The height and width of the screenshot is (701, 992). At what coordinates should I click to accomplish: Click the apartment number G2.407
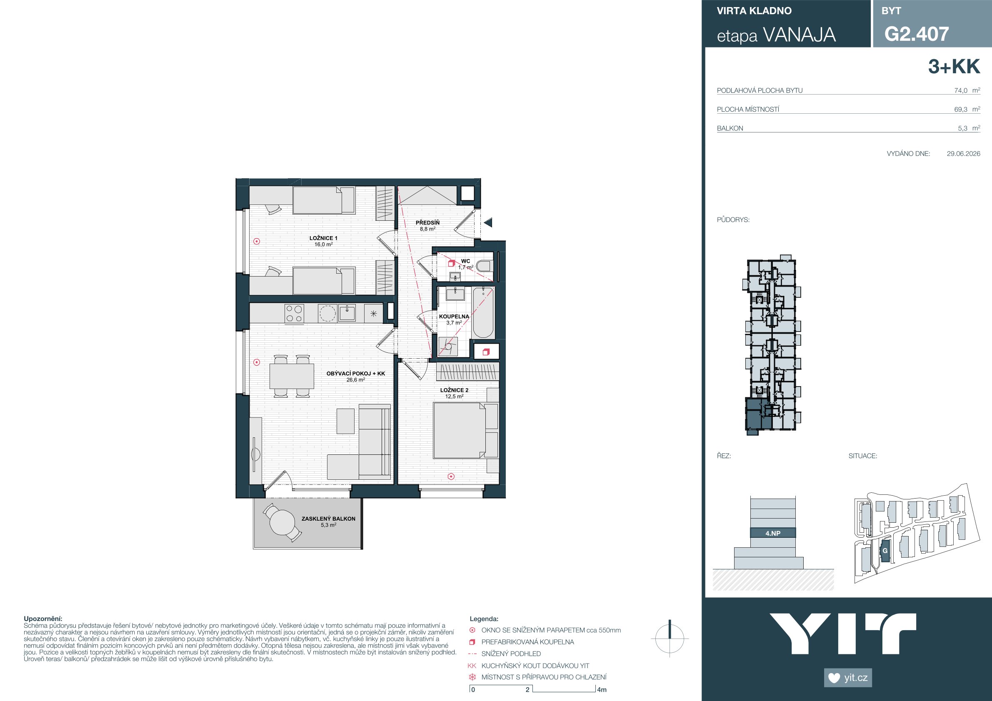point(917,34)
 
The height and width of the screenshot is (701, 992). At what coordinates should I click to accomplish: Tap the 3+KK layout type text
point(954,67)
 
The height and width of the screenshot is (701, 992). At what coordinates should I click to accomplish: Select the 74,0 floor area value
point(961,91)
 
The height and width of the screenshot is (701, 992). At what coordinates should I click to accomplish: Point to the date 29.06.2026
point(964,153)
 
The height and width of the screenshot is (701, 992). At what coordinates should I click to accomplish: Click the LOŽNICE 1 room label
point(323,238)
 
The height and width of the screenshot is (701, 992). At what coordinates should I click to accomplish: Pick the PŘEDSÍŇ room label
point(427,223)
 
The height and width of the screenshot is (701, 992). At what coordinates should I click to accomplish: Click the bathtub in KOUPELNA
point(483,313)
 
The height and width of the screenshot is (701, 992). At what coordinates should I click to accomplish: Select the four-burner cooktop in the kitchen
point(294,314)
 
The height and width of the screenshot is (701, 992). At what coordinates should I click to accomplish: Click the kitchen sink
point(347,313)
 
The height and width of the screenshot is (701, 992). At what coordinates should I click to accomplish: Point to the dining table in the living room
point(292,376)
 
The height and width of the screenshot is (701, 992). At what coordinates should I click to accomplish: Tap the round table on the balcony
point(282,523)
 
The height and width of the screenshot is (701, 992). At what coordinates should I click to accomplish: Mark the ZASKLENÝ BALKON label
point(328,519)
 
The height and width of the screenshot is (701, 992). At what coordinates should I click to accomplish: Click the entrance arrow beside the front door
point(488,223)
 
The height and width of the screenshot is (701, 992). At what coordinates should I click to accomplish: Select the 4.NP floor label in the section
point(773,534)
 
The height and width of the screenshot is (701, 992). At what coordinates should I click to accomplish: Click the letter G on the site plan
point(885,551)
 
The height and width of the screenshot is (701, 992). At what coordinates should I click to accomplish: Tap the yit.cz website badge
point(848,678)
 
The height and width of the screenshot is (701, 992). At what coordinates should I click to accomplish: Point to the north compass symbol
point(670,639)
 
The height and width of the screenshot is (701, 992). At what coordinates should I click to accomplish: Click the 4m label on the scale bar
point(602,690)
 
